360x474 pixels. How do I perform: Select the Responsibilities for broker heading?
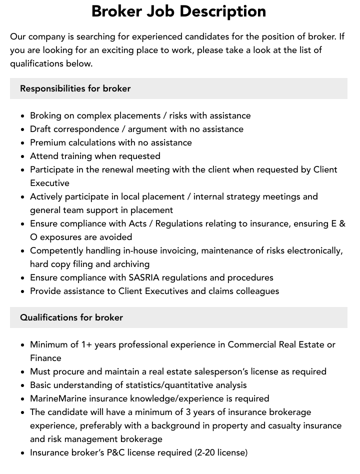click(x=75, y=88)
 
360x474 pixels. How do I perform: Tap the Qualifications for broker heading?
click(x=71, y=317)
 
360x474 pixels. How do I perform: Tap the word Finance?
click(x=45, y=358)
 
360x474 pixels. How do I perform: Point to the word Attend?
click(x=44, y=156)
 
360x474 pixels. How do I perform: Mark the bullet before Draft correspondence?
click(x=22, y=129)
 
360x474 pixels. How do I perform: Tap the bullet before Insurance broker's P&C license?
click(x=22, y=453)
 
